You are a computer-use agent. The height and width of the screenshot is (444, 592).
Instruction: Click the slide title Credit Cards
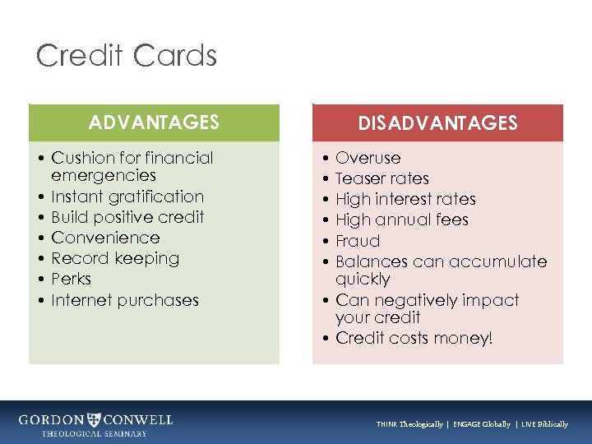tap(127, 56)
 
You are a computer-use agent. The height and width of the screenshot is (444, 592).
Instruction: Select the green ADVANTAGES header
tap(154, 123)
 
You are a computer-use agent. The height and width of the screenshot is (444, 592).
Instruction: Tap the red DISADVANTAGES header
tap(437, 123)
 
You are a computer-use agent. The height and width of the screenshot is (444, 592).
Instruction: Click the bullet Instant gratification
tap(127, 197)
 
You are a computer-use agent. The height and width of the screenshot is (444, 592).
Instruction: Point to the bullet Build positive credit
tap(127, 217)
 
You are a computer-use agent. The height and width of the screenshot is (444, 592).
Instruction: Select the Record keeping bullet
tap(115, 258)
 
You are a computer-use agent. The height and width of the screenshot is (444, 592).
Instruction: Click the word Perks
tap(71, 280)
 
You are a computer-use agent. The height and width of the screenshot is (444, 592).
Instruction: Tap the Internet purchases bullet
tap(125, 300)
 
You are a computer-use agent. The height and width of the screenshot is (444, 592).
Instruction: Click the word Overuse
tap(368, 158)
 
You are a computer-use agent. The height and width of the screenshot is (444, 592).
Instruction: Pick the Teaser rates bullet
tap(382, 178)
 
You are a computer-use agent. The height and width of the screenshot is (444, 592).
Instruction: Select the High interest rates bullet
tap(405, 199)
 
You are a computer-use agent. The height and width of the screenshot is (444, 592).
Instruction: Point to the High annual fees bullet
tap(401, 220)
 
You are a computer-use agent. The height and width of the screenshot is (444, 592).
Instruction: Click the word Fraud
tap(358, 241)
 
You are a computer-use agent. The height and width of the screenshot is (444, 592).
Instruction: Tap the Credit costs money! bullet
tap(414, 338)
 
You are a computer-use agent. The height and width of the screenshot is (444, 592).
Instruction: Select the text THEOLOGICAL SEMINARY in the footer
tap(95, 433)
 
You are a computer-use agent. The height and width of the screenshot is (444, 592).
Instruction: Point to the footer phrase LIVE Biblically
tap(544, 424)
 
